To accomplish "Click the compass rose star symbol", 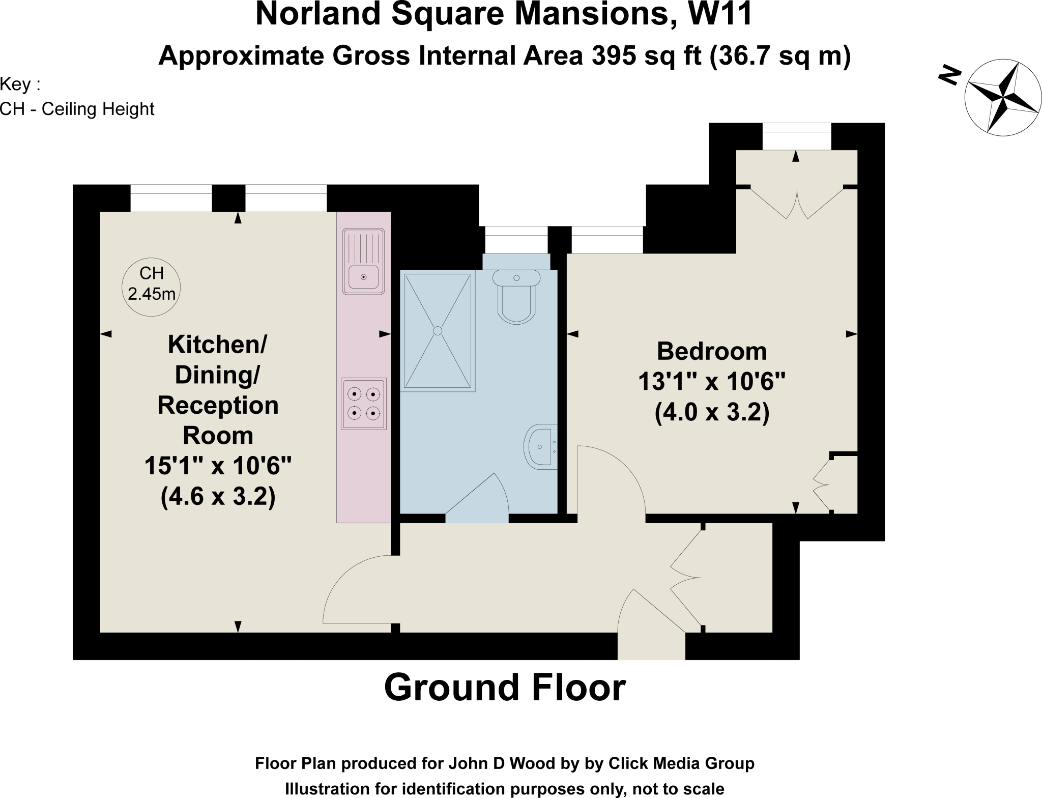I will pyautogui.click(x=1001, y=97).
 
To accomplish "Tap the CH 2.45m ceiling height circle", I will pyautogui.click(x=152, y=287).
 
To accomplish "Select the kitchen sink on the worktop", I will pyautogui.click(x=363, y=261).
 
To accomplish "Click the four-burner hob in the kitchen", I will pyautogui.click(x=363, y=404).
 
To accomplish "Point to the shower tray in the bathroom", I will pyautogui.click(x=438, y=331).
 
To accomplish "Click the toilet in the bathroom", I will pyautogui.click(x=516, y=298).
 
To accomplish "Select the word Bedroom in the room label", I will pyautogui.click(x=711, y=352).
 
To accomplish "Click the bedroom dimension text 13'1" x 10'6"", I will pyautogui.click(x=711, y=381).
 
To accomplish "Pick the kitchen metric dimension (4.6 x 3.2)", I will pyautogui.click(x=218, y=496).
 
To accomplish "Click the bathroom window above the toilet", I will pyautogui.click(x=516, y=240).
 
